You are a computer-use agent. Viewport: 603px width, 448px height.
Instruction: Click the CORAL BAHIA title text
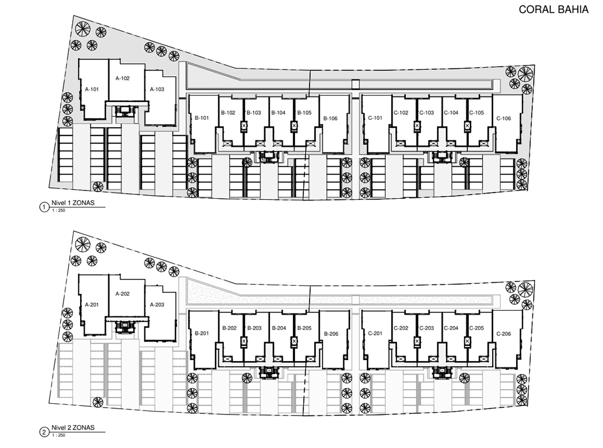click(553, 9)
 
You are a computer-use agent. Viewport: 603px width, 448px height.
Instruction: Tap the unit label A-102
click(123, 78)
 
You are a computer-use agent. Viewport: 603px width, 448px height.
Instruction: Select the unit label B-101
click(202, 118)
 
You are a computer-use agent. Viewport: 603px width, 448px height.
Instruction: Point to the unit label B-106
click(330, 119)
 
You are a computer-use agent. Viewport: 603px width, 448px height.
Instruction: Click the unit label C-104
click(451, 113)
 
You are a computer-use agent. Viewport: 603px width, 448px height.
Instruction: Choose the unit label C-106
click(503, 119)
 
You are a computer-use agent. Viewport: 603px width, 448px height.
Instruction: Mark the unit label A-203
click(157, 305)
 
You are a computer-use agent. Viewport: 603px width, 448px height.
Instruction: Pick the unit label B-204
click(279, 328)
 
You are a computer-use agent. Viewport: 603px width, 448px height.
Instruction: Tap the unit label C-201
click(375, 333)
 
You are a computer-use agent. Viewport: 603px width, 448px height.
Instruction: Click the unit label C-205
click(476, 328)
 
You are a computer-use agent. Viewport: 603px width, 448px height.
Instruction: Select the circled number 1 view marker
click(44, 208)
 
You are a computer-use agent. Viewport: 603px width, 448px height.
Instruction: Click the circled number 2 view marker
click(44, 433)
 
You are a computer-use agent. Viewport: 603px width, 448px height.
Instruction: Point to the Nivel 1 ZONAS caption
click(73, 203)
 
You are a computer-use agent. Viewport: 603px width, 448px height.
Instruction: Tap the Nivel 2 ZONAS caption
click(73, 428)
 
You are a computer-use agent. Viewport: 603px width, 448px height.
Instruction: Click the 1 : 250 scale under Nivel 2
click(58, 435)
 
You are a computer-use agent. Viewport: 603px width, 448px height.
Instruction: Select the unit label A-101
click(92, 89)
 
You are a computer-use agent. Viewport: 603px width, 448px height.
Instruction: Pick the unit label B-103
click(254, 113)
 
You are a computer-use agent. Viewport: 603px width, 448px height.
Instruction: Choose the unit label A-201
click(92, 305)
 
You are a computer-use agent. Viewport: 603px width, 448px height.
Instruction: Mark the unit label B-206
click(331, 334)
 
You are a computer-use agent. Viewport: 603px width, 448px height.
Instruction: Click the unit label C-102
click(401, 113)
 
